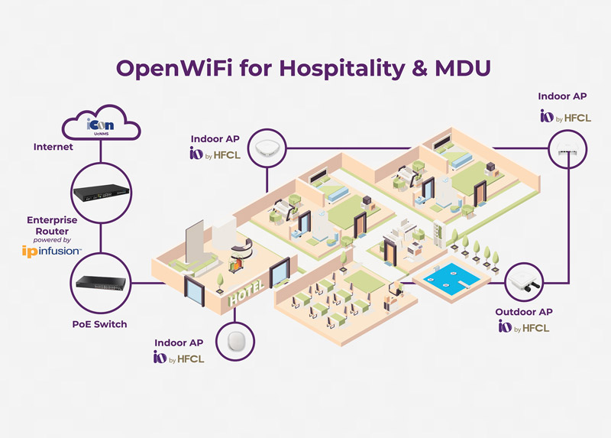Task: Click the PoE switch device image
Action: click(x=100, y=282)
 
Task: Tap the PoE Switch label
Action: click(x=94, y=324)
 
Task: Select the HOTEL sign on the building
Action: click(x=246, y=292)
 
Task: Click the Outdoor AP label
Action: click(x=524, y=312)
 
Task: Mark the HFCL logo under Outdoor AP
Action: click(x=523, y=328)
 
